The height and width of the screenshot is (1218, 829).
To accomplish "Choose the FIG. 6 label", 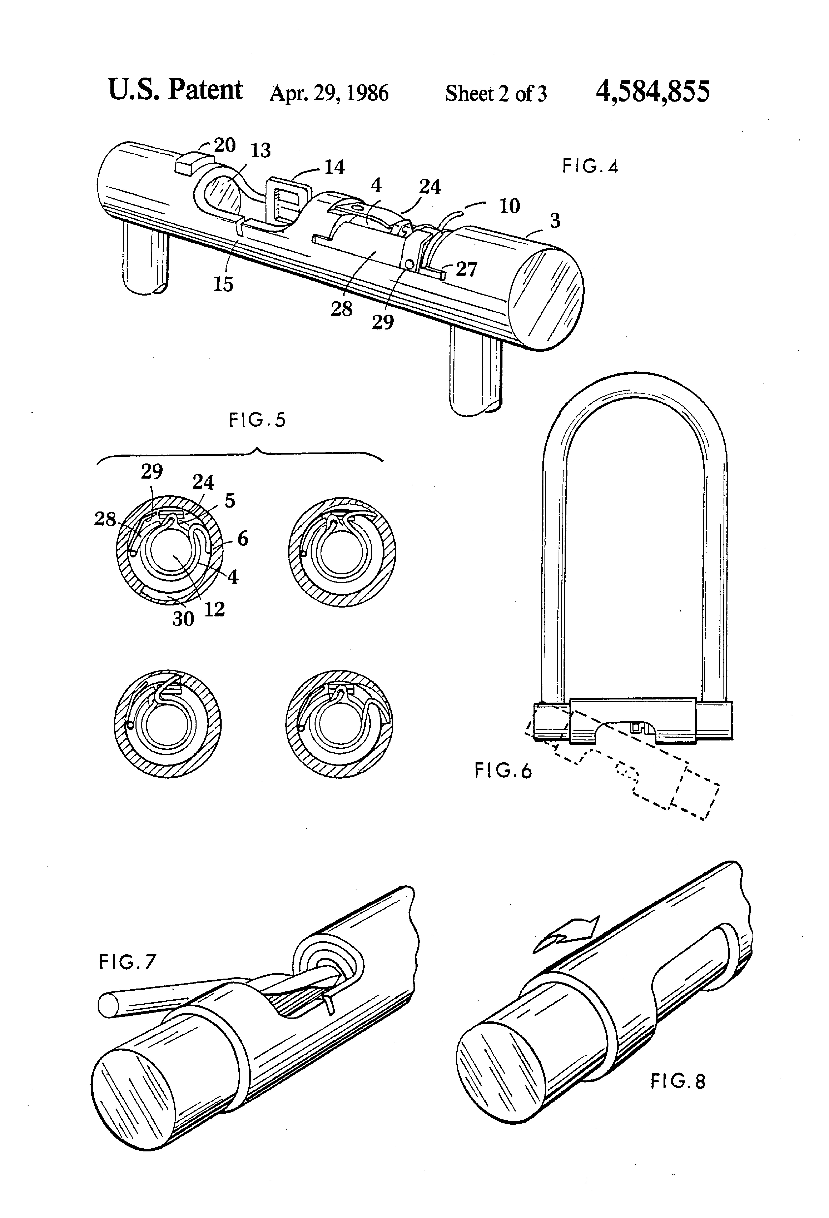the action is (503, 771).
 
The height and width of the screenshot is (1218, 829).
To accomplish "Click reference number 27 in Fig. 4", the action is (466, 269).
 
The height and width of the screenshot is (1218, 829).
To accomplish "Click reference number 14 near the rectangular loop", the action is (334, 167).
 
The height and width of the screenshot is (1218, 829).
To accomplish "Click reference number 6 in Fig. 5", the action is (243, 539).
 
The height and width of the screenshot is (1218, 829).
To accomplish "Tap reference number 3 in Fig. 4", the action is (555, 221).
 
